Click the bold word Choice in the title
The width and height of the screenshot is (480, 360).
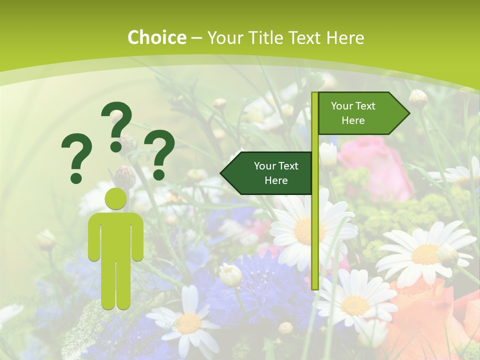pos(156,37)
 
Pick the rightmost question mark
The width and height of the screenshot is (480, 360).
pos(159,154)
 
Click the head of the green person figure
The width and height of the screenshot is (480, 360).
pos(115,198)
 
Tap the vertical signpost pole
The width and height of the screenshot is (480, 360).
pos(315,225)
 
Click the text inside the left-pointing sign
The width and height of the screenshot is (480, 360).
pos(276,173)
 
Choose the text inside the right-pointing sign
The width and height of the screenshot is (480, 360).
pos(353,113)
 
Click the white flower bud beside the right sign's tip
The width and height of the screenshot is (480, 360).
pos(418,98)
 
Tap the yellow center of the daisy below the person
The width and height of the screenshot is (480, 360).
pos(189,323)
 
